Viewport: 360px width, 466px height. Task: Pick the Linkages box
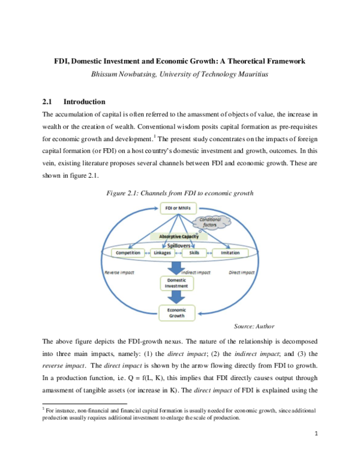pyautogui.click(x=162, y=253)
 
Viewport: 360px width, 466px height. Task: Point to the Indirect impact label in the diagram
pyautogui.click(x=198, y=271)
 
